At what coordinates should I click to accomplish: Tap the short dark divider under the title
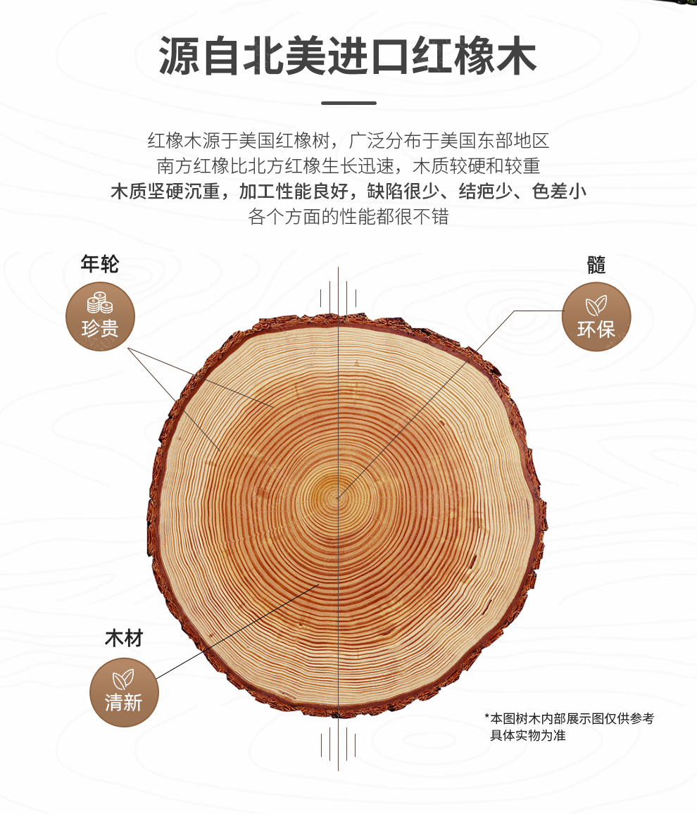coord(348,103)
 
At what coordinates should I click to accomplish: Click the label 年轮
coord(100,264)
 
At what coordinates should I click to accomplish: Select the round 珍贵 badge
coord(100,316)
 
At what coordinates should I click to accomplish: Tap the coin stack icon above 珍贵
coord(100,303)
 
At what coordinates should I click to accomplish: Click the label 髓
coord(596,265)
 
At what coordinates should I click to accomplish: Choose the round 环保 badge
coord(596,317)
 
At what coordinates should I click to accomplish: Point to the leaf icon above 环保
coord(596,306)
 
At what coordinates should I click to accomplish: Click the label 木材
coord(124,638)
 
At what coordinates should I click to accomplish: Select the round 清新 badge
coord(124,692)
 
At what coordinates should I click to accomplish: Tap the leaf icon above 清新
coord(123,679)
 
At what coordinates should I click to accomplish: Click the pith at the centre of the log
coord(338,497)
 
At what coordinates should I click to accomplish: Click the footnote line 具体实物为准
coord(528,735)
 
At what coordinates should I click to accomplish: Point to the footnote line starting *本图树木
coord(570,718)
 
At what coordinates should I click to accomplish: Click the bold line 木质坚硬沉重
coord(348,191)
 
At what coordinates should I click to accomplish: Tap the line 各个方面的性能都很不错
coord(348,216)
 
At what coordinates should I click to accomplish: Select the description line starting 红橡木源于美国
coord(348,140)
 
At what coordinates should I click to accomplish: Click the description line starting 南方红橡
coord(348,165)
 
